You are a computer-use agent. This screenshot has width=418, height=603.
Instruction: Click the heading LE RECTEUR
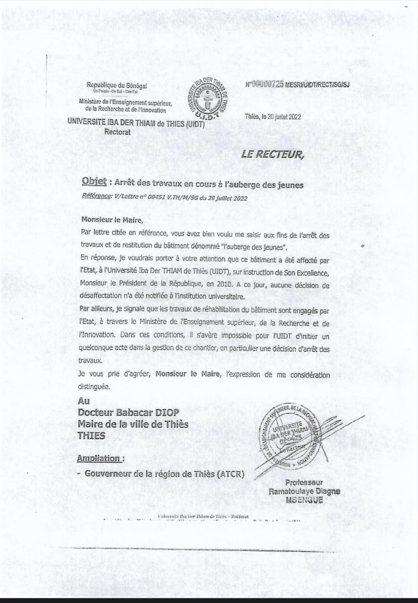tap(272, 155)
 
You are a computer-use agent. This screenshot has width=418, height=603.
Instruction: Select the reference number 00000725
tap(268, 84)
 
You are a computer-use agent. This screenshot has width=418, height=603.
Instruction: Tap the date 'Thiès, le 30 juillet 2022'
tap(273, 117)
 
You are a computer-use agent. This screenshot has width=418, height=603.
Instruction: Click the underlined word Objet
tap(94, 182)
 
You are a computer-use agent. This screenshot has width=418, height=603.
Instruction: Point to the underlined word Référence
tap(96, 197)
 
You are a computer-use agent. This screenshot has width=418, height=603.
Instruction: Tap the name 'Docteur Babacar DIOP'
tap(128, 412)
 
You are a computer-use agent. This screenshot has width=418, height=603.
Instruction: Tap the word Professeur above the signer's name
tap(304, 482)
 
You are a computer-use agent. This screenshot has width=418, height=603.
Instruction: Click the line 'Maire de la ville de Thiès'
tap(133, 424)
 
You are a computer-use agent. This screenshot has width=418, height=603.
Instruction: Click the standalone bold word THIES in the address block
tap(92, 436)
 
